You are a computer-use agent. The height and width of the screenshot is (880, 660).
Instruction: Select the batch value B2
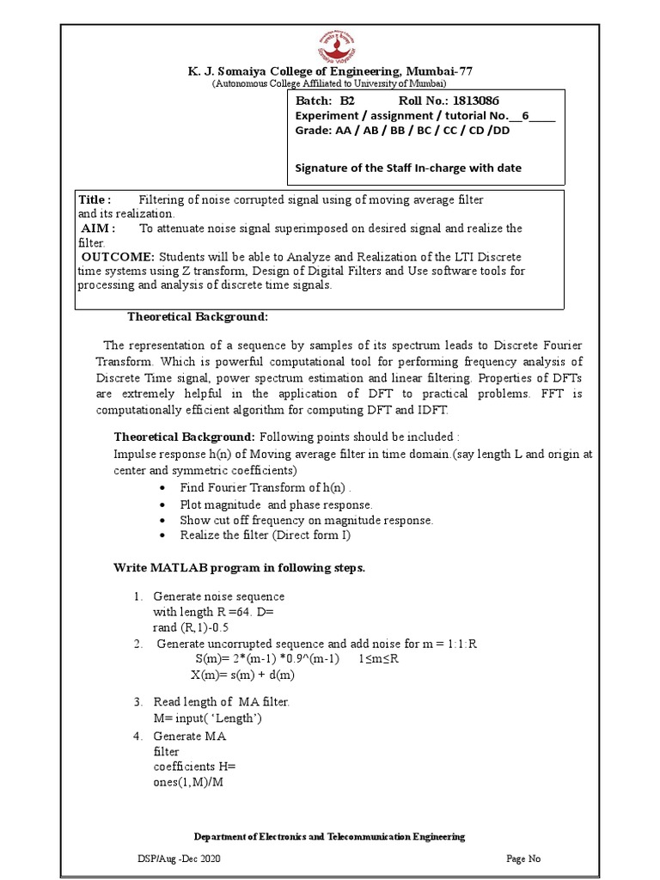(341, 101)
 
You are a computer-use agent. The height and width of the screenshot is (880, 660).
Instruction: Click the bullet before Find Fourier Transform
(163, 488)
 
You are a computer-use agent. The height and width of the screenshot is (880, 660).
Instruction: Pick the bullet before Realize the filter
(163, 535)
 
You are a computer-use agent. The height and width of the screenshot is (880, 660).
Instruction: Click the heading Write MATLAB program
(240, 568)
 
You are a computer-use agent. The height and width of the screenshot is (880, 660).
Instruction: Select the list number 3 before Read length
(137, 702)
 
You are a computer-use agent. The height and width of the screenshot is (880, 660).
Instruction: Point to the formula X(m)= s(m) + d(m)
(242, 675)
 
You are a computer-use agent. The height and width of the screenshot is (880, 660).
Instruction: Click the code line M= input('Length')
(207, 718)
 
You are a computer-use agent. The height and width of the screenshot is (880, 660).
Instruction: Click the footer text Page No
(523, 859)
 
